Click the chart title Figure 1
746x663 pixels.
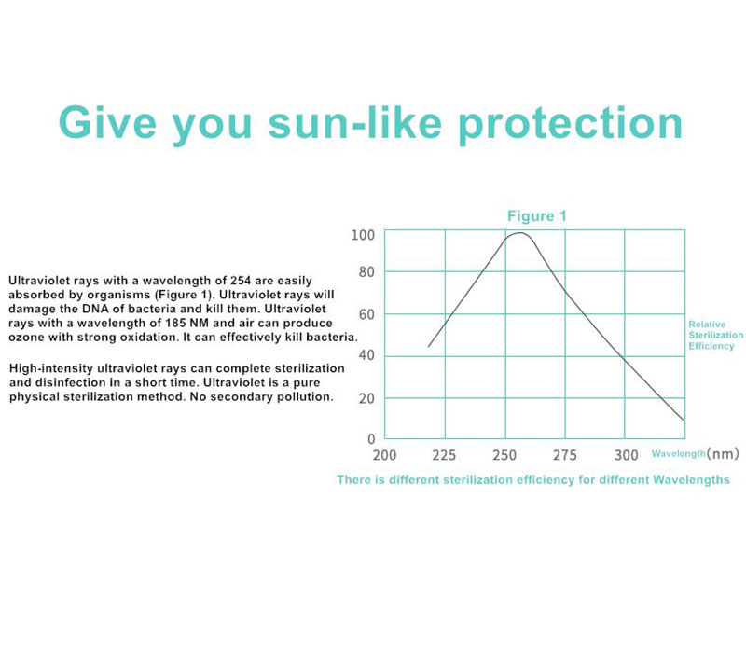click(537, 216)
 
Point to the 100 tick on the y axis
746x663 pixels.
click(363, 235)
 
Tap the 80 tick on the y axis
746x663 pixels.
click(366, 272)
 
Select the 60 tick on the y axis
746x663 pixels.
click(366, 314)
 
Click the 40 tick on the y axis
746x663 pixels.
click(366, 356)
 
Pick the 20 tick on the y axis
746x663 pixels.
click(366, 398)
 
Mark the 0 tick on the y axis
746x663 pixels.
click(371, 439)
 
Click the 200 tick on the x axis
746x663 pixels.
click(384, 455)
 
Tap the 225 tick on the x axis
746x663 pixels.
click(444, 455)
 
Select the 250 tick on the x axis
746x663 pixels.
click(504, 455)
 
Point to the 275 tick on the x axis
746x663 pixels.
click(565, 455)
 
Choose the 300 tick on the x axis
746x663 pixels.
click(626, 455)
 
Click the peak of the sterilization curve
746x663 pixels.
click(520, 233)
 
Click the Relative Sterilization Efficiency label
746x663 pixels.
click(715, 335)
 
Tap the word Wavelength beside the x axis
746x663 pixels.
click(679, 454)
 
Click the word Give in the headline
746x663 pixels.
click(107, 123)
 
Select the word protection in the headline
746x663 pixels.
click(571, 125)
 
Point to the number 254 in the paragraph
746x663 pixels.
click(241, 281)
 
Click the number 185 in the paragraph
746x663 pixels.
click(175, 323)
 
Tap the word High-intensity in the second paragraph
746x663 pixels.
click(51, 369)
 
